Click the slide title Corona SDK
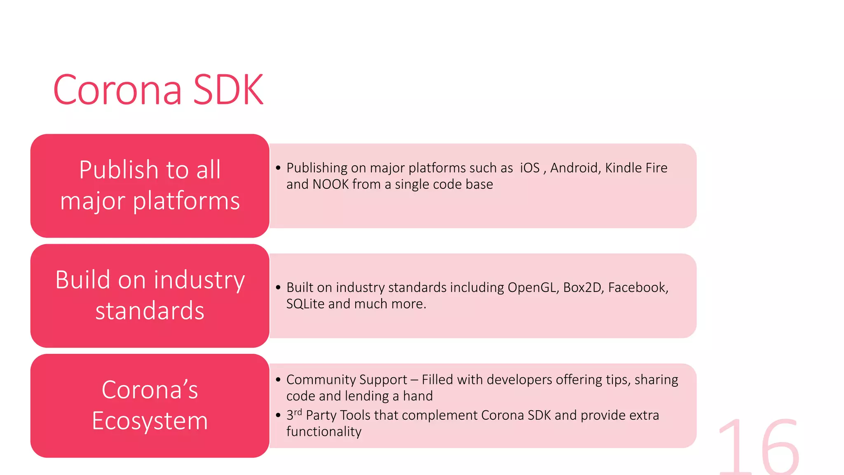(158, 89)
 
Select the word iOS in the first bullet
(530, 168)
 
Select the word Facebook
(638, 287)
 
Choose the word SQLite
(305, 304)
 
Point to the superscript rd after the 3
(298, 412)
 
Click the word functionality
(324, 432)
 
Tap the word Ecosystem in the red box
(150, 421)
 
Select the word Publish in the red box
(119, 169)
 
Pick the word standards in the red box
(150, 311)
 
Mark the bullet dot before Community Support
(278, 380)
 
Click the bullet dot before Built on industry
(278, 287)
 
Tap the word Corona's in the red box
(150, 390)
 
